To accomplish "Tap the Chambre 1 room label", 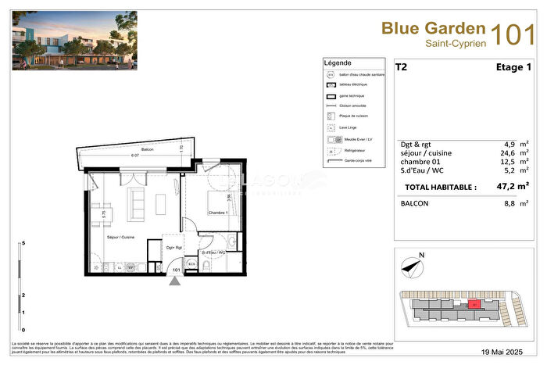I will coord(217,213).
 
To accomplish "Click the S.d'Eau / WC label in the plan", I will coord(213,252).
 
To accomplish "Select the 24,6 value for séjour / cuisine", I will coord(512,153).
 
